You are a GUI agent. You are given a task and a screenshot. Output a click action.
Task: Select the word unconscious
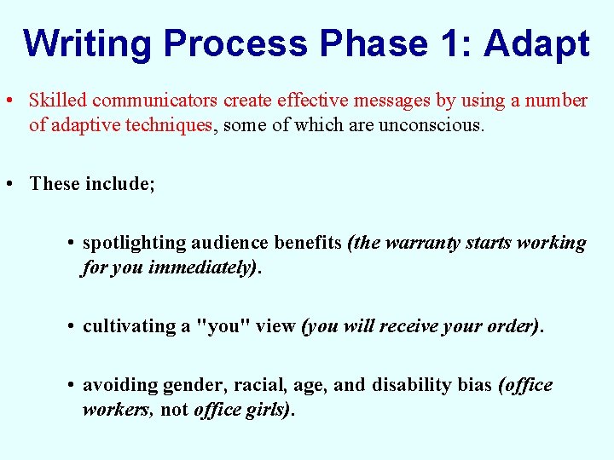pos(435,125)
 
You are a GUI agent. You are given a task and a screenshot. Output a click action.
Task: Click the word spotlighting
pos(134,243)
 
